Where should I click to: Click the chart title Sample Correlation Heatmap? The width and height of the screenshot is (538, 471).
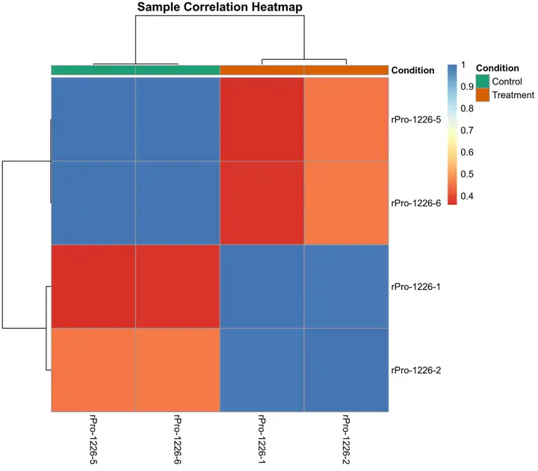pyautogui.click(x=219, y=7)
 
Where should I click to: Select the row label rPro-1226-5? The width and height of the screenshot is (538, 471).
pyautogui.click(x=415, y=119)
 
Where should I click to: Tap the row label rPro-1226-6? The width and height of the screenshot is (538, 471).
pyautogui.click(x=415, y=203)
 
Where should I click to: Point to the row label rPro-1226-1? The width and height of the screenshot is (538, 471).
pyautogui.click(x=415, y=286)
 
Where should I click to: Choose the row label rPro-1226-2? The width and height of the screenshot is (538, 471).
pyautogui.click(x=415, y=370)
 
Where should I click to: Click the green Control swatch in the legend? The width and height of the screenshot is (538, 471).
pyautogui.click(x=483, y=81)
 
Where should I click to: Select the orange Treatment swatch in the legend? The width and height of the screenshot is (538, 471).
pyautogui.click(x=483, y=95)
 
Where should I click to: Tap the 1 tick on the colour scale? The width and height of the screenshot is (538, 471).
pyautogui.click(x=464, y=65)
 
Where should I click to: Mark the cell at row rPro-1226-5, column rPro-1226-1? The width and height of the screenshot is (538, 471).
pyautogui.click(x=262, y=119)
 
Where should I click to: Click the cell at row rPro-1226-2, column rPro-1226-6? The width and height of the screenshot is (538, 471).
pyautogui.click(x=177, y=370)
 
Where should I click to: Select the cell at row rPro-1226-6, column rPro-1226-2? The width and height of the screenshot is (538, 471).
pyautogui.click(x=346, y=203)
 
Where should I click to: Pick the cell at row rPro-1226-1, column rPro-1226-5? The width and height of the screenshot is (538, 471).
pyautogui.click(x=93, y=286)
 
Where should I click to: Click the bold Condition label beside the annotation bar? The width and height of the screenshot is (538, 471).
pyautogui.click(x=413, y=70)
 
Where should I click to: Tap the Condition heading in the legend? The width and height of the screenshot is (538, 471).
pyautogui.click(x=497, y=68)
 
